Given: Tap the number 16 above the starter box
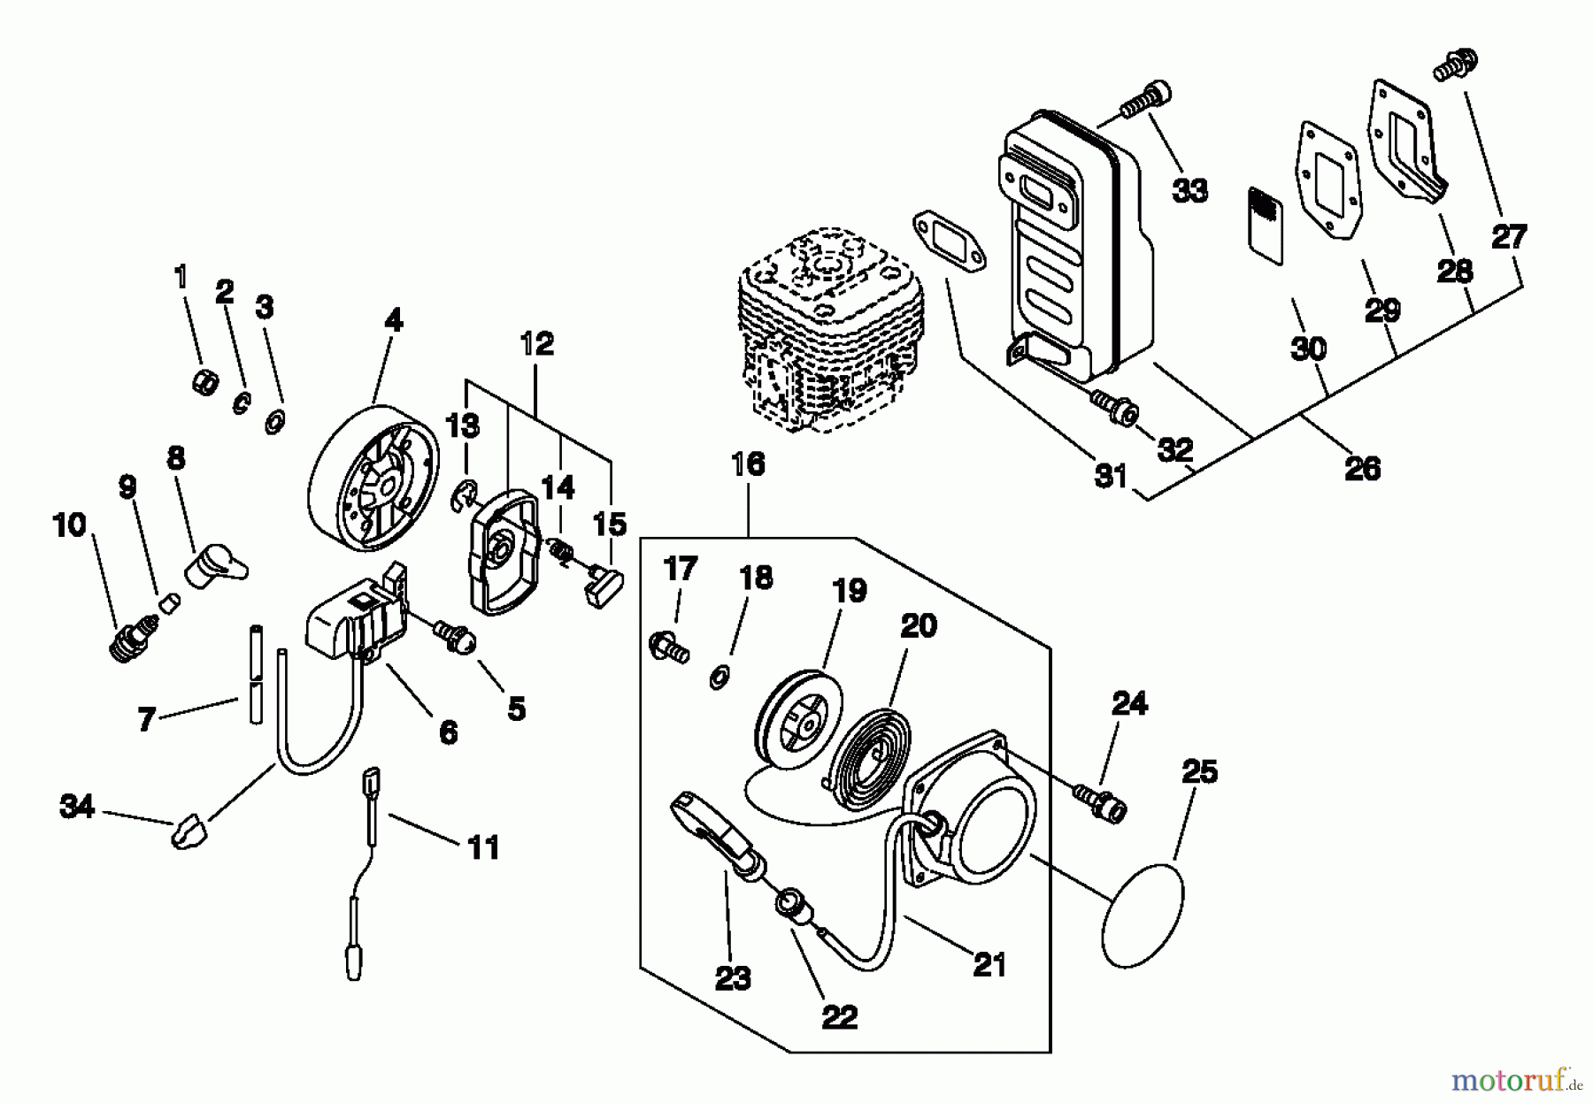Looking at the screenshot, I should tap(748, 464).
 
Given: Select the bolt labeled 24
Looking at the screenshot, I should tap(1101, 800).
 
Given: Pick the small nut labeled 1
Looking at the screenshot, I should tap(205, 383).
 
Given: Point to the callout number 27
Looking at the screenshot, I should tap(1509, 236).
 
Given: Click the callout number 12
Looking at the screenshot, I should tap(537, 343).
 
